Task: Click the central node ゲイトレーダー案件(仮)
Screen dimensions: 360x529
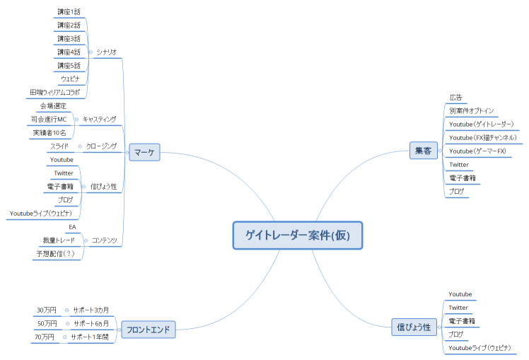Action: click(x=298, y=236)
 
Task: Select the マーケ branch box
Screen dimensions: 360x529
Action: click(x=146, y=151)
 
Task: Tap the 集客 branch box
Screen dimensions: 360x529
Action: click(x=424, y=151)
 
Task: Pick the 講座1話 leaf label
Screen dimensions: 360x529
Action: click(x=69, y=11)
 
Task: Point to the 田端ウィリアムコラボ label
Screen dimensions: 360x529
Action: click(x=54, y=92)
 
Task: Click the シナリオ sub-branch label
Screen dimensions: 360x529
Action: click(x=107, y=52)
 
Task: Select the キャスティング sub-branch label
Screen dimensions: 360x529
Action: click(x=99, y=119)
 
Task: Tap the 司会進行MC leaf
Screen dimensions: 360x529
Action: click(x=50, y=119)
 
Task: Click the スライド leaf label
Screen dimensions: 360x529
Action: click(x=59, y=146)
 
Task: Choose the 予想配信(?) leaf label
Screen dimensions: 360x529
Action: click(x=56, y=253)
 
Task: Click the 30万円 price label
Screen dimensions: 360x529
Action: click(x=47, y=310)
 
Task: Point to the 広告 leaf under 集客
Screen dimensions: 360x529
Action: click(x=455, y=97)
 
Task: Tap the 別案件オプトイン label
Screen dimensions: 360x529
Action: click(x=472, y=110)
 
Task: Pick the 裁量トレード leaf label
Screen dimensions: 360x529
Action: click(x=59, y=240)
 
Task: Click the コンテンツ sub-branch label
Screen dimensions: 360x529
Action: click(x=104, y=240)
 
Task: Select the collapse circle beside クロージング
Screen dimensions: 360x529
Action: click(x=79, y=146)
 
